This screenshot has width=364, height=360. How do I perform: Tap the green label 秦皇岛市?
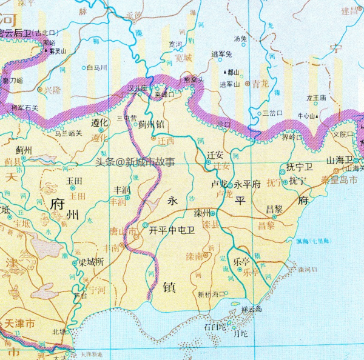click(x=343, y=180)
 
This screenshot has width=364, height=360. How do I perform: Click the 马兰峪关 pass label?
click(x=68, y=133)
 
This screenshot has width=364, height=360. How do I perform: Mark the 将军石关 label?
click(x=25, y=107)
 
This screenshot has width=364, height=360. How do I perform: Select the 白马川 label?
click(x=97, y=67)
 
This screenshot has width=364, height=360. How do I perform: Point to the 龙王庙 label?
click(x=316, y=97)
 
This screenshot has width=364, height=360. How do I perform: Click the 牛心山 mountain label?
click(x=307, y=115)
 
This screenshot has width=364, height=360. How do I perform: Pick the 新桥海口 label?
click(x=211, y=294)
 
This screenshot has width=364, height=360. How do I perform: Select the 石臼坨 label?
click(x=215, y=327)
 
